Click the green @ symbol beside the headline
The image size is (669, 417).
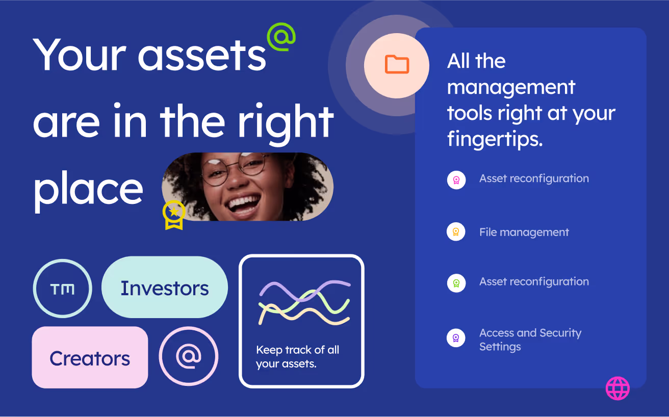coord(281,37)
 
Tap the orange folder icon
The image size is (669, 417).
coord(397,64)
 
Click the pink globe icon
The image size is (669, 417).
coord(617,388)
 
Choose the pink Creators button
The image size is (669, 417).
coord(90,357)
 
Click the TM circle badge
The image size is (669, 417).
coord(62,289)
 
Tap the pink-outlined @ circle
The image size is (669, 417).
coord(189,356)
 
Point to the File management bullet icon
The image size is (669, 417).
coord(456,231)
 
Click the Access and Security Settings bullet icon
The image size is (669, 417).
coord(456,338)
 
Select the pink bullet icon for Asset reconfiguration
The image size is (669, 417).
coord(456,180)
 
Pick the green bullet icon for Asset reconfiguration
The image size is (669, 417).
coord(456,283)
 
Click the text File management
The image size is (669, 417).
coord(524,232)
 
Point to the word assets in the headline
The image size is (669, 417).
coord(202,56)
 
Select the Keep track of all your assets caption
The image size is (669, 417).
coord(297,357)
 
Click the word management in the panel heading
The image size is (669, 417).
coord(511,88)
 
